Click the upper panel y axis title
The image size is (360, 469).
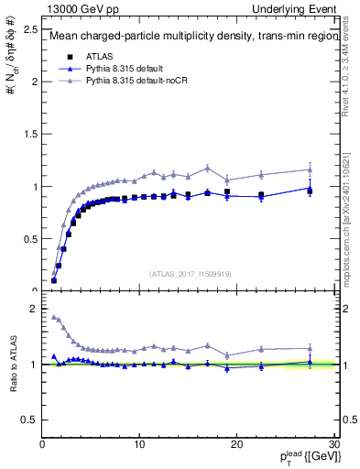pyautogui.click(x=12, y=55)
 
